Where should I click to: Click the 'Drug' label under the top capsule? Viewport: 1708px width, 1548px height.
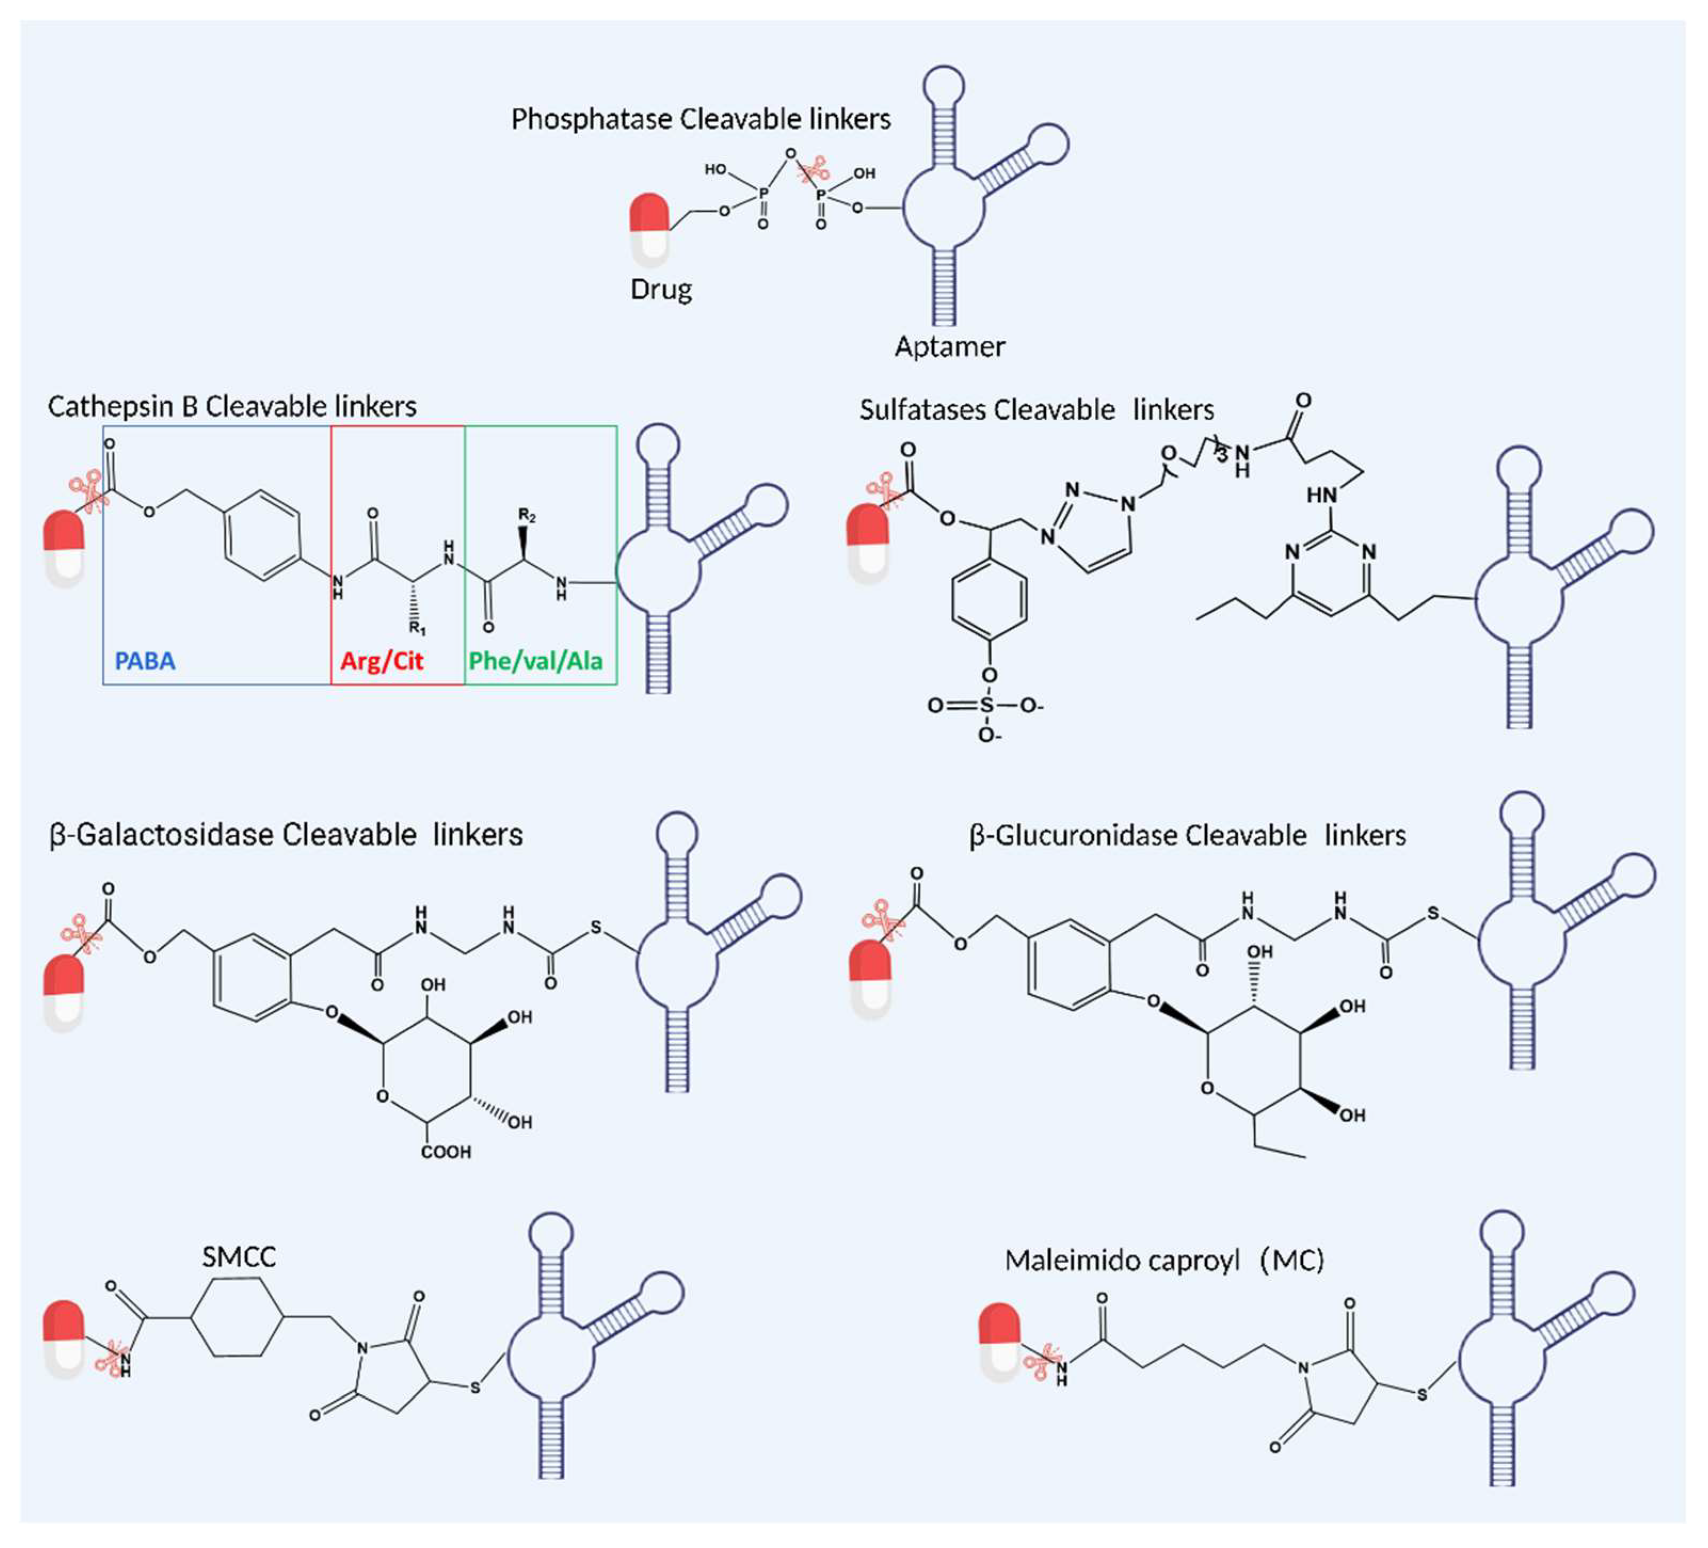point(661,290)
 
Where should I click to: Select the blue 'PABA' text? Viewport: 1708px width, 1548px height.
point(145,661)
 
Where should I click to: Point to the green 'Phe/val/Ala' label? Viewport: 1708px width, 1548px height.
point(535,661)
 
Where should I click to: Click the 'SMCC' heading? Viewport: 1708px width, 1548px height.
point(239,1257)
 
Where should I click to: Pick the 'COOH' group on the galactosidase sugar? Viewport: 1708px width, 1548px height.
point(446,1152)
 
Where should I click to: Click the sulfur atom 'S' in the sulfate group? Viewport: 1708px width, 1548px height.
point(986,706)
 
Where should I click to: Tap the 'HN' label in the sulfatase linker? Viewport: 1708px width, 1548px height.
point(1321,495)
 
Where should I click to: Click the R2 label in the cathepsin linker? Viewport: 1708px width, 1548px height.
point(527,515)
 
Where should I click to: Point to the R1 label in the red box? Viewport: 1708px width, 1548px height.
point(418,629)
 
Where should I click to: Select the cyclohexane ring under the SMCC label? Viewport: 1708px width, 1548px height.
point(237,1318)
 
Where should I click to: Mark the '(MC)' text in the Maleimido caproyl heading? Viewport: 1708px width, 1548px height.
point(1291,1261)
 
